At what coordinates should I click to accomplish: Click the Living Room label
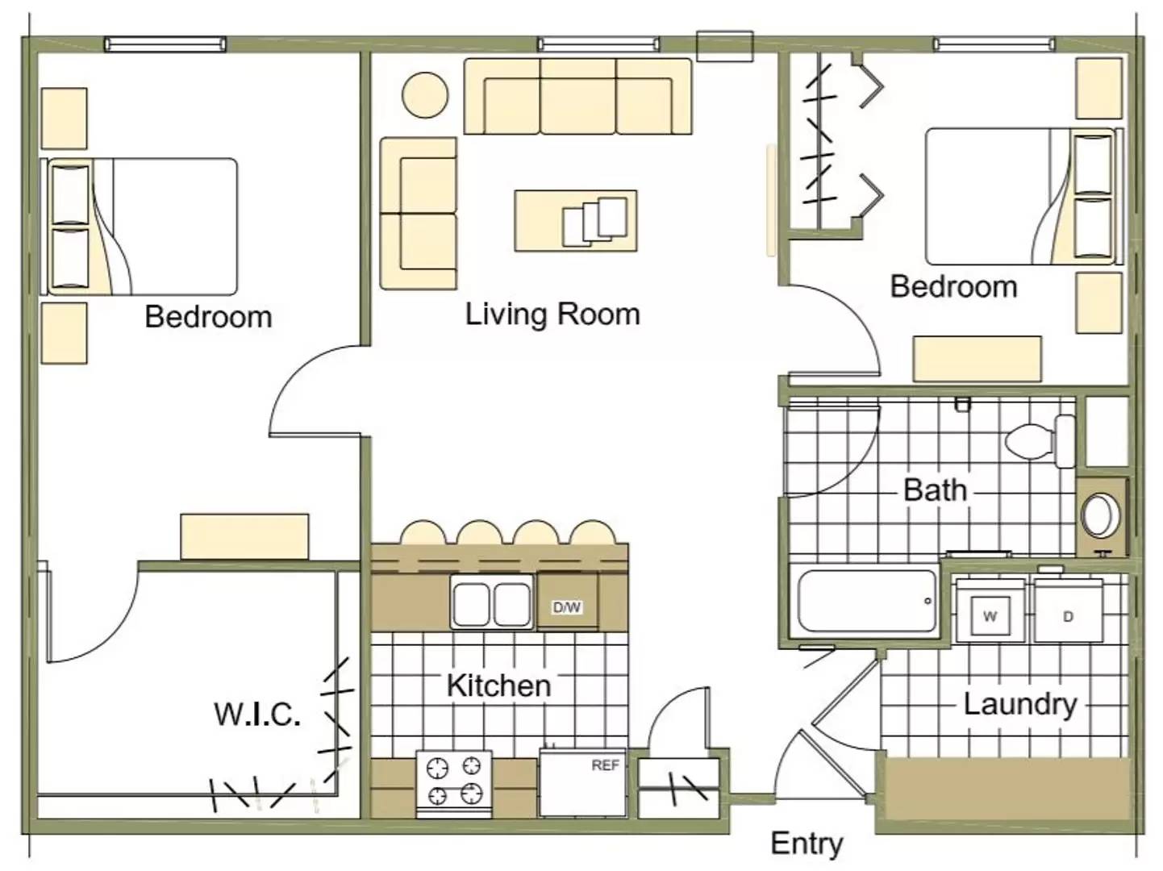552,315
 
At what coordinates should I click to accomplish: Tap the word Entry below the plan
807,843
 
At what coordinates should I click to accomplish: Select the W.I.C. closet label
257,715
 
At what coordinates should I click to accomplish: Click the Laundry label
1020,705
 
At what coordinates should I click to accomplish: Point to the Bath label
936,490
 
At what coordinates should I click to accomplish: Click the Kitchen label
498,686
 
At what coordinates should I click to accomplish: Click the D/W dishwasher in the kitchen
567,607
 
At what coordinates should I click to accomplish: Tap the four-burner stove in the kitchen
454,784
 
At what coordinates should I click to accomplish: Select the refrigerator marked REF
582,782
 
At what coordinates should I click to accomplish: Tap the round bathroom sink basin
1101,515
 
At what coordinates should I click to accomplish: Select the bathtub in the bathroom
867,601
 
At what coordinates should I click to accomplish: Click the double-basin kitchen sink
491,602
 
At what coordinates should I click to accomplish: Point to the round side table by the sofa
425,95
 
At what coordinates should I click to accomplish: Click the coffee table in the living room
576,221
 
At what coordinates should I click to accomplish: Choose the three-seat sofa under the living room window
578,97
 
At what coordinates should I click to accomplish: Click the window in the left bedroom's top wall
165,44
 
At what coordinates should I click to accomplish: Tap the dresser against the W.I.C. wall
244,536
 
